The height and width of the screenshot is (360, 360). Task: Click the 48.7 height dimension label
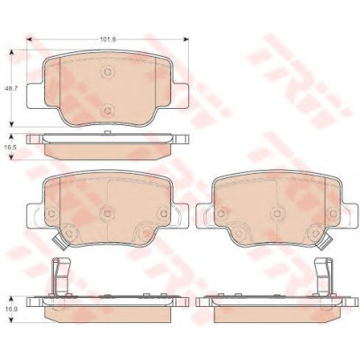[11, 88]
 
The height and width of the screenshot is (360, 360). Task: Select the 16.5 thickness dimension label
[11, 148]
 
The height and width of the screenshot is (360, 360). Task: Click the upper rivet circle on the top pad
[107, 72]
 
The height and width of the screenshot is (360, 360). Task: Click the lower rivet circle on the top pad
[107, 111]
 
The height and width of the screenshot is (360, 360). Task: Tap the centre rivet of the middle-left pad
[107, 213]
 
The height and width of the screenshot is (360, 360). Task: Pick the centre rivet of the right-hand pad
[277, 212]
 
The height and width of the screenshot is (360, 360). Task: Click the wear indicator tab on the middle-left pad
[58, 242]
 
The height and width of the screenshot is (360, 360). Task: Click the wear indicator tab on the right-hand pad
[325, 242]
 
